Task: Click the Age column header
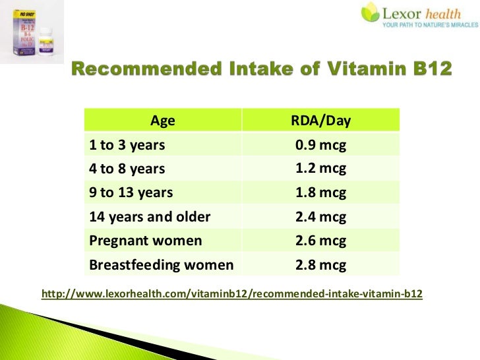click(x=163, y=121)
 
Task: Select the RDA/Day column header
click(x=320, y=121)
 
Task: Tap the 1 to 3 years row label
click(x=127, y=144)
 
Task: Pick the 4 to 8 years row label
click(x=127, y=169)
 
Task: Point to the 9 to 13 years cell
click(x=131, y=193)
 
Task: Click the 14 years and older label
click(x=149, y=217)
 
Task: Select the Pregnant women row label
click(x=145, y=241)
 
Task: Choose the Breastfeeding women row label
click(x=161, y=265)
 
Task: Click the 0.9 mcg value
click(x=320, y=144)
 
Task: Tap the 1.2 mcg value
click(x=320, y=168)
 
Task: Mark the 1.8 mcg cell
click(x=320, y=193)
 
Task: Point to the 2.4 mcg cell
click(x=320, y=217)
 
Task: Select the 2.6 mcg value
click(x=320, y=241)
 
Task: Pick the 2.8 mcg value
click(x=320, y=265)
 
